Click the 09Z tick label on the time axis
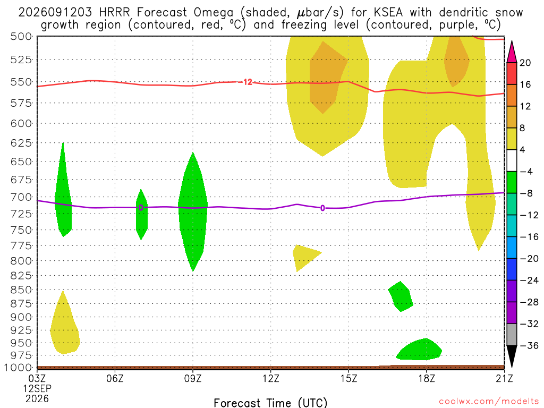point(192,378)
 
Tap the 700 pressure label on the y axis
point(21,197)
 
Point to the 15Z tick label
point(348,378)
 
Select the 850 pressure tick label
point(21,290)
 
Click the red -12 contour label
point(246,82)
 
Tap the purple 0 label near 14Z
point(322,208)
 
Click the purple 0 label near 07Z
point(141,208)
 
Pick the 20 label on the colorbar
point(525,63)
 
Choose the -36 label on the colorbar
point(529,345)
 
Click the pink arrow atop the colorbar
point(512,52)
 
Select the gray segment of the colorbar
point(512,335)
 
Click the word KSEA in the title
point(388,13)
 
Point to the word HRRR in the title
point(114,13)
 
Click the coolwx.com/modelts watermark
point(489,402)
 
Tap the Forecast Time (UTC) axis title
point(270,403)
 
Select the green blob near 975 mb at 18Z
point(419,350)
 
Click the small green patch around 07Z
point(141,215)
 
